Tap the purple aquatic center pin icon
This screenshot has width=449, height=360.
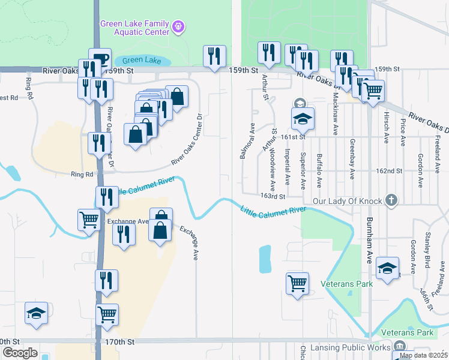click(178, 26)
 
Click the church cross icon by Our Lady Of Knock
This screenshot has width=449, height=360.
click(391, 200)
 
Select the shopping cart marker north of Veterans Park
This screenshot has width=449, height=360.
click(298, 283)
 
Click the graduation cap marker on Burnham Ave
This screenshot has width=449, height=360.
click(387, 268)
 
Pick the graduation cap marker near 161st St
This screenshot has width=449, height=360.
click(303, 119)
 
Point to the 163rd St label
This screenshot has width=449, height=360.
click(272, 196)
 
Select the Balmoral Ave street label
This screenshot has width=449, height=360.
click(244, 142)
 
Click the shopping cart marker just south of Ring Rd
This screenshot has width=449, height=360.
click(88, 220)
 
